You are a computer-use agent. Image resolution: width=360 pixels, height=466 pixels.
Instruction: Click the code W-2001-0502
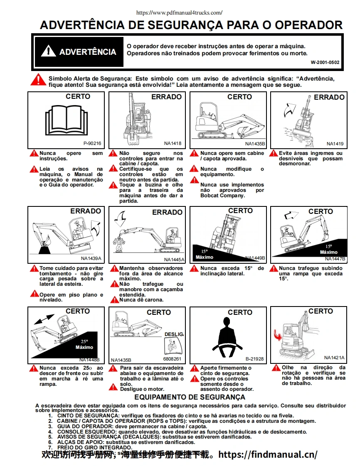[x=325, y=62]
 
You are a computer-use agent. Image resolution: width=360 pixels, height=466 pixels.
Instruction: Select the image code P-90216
[x=92, y=143]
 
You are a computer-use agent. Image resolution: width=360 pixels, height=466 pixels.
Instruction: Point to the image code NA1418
[x=173, y=143]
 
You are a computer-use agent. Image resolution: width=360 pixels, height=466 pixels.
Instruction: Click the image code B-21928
[x=254, y=359]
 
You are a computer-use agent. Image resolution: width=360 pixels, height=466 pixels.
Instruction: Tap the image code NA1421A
[x=334, y=358]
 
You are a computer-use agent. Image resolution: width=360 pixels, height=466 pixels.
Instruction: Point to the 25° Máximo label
[x=84, y=344]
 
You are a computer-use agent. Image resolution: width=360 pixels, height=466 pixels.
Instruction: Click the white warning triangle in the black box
[x=48, y=52]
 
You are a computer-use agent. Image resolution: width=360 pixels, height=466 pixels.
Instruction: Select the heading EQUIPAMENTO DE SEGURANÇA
[x=190, y=397]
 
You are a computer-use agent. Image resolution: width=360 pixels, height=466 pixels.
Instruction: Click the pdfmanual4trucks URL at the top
[x=179, y=13]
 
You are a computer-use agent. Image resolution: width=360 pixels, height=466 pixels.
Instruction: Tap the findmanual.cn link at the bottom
[x=268, y=454]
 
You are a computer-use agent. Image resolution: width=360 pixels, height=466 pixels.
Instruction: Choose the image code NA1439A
[x=91, y=258]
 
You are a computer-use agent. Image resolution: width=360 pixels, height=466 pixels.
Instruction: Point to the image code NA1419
[x=335, y=144]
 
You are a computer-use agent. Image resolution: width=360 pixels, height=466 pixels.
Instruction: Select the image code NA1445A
[x=174, y=260]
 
